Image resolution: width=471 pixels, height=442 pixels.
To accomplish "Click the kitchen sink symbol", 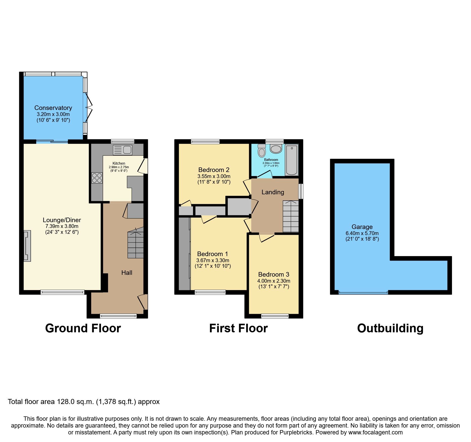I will [x=123, y=150].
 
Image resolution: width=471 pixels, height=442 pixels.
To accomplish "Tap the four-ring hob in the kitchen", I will [x=97, y=178].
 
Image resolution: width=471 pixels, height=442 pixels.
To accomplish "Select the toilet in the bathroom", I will [x=262, y=151].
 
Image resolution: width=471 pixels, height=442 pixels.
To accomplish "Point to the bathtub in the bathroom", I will [x=292, y=160].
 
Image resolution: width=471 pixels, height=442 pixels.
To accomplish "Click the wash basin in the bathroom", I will [x=276, y=149].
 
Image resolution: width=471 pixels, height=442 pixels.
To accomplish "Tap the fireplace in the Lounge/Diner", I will [x=27, y=246].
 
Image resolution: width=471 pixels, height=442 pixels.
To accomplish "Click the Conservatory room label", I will [x=53, y=108].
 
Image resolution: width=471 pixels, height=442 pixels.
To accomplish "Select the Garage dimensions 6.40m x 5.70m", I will [x=362, y=233].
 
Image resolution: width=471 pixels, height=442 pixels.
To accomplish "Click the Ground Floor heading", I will [x=83, y=328].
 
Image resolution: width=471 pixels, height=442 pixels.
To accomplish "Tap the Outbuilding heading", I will [x=390, y=328].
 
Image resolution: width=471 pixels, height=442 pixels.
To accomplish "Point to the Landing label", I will [x=273, y=192].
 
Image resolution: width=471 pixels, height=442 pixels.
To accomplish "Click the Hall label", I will [x=127, y=273].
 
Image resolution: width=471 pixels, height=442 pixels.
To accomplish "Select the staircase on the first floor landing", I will [x=291, y=217].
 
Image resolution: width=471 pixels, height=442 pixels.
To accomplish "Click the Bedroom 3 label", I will [x=273, y=275].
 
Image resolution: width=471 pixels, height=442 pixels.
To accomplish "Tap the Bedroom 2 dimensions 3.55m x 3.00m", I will [x=214, y=176].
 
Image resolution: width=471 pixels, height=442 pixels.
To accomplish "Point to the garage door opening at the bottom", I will [x=363, y=293].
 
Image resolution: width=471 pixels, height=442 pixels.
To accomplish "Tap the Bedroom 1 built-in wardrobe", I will [x=184, y=253].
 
